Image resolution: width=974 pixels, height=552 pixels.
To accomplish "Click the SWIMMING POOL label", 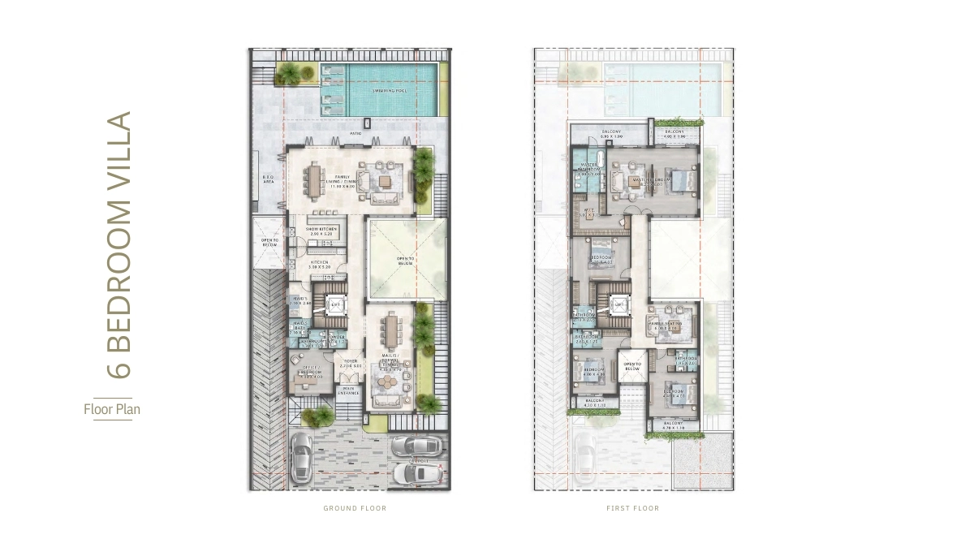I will click(x=390, y=91).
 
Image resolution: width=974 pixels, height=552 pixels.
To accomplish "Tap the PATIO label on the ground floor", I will click(x=355, y=132).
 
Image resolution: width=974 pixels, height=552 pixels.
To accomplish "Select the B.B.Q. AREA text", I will click(x=267, y=180).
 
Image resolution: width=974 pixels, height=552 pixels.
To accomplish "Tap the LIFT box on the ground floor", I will click(x=334, y=305).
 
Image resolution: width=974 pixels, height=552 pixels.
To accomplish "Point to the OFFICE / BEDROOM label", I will click(x=312, y=374).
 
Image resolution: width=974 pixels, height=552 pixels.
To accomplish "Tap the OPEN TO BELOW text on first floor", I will click(x=632, y=367).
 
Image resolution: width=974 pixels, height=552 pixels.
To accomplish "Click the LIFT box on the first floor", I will click(x=618, y=305).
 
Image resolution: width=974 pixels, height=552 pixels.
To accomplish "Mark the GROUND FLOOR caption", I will click(x=355, y=508).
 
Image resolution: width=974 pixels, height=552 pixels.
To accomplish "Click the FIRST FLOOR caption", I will click(x=634, y=508).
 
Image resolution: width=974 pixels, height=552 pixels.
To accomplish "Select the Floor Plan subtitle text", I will click(x=112, y=409).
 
